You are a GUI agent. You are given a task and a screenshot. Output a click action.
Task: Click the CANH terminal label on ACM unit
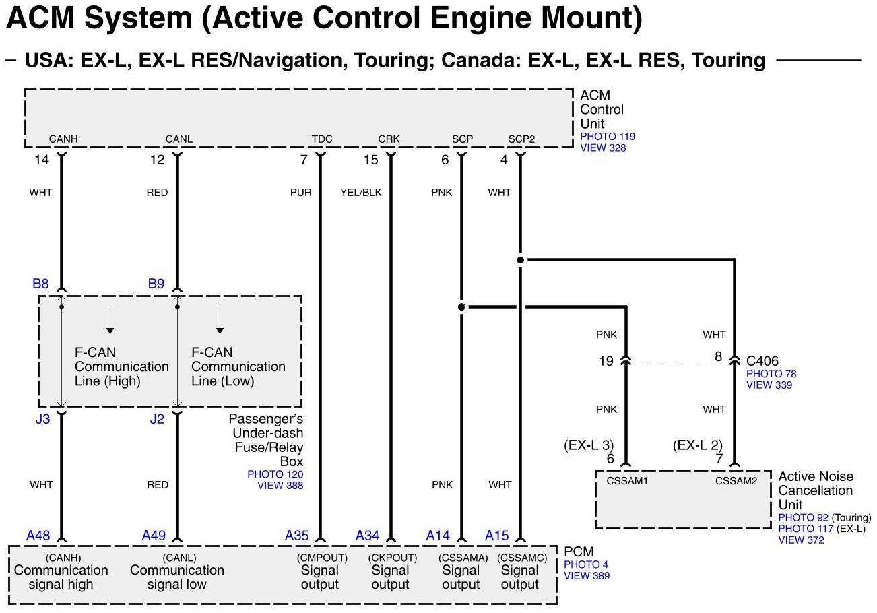[63, 139]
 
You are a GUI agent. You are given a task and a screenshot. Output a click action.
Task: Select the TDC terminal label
[322, 139]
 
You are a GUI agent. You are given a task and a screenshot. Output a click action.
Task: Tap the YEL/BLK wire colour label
[361, 193]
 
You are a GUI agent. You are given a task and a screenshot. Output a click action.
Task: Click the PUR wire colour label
[300, 193]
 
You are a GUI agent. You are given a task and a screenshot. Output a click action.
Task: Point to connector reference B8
[40, 284]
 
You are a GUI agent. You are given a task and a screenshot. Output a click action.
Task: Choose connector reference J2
[156, 420]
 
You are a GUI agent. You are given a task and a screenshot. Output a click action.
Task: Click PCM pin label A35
[296, 536]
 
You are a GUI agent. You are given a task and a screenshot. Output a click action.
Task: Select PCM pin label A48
[38, 536]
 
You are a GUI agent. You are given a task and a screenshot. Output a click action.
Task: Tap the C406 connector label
[762, 361]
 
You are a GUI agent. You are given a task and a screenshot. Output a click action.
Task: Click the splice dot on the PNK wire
[461, 307]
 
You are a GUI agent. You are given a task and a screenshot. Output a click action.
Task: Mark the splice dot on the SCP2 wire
[520, 259]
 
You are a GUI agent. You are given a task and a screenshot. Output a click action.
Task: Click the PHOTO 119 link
[608, 137]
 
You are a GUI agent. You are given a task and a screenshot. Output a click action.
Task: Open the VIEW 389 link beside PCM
[587, 575]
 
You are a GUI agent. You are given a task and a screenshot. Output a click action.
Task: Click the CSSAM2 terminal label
[736, 481]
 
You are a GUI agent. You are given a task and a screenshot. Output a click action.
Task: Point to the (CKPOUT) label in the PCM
[392, 558]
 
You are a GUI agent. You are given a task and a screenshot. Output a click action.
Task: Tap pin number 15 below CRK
[371, 160]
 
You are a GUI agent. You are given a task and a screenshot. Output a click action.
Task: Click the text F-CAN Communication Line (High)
[121, 366]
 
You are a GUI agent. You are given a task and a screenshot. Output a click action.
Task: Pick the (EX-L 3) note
[589, 445]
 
